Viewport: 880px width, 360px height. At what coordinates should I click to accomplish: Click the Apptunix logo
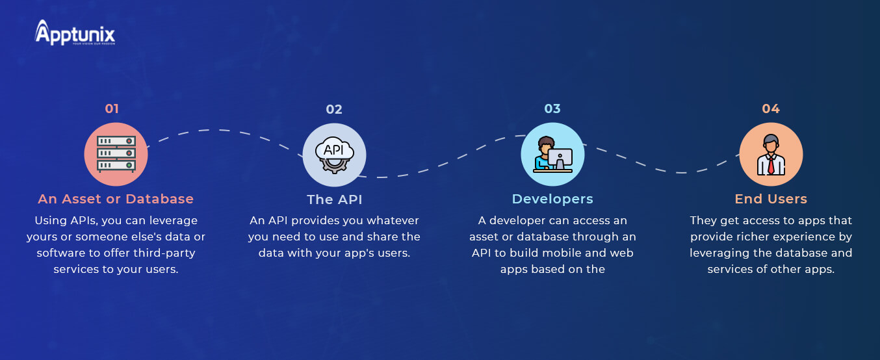click(x=75, y=32)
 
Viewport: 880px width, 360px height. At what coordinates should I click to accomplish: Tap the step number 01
click(x=112, y=109)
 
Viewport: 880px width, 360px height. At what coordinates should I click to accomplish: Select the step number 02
click(x=334, y=109)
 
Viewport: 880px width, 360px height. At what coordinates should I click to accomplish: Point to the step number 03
click(x=552, y=109)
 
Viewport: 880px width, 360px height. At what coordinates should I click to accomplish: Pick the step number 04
click(x=771, y=109)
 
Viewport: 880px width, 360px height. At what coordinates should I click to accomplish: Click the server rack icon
click(x=116, y=154)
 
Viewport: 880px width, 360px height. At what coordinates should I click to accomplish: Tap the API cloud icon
click(x=334, y=155)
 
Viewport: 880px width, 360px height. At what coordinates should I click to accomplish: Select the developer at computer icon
click(x=552, y=154)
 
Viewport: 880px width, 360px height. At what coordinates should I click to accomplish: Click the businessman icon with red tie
click(x=771, y=155)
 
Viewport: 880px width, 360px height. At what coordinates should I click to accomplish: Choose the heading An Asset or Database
click(x=116, y=199)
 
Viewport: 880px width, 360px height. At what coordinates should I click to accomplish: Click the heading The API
click(x=334, y=199)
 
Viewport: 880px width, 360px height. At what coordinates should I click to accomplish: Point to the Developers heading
click(x=552, y=199)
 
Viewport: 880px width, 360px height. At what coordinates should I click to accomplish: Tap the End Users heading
click(x=771, y=199)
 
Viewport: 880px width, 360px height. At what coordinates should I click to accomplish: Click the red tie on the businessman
click(x=771, y=165)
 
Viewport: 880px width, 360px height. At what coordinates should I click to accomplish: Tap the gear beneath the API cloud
click(x=333, y=166)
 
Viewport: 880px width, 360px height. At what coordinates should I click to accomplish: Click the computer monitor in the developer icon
click(x=560, y=158)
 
